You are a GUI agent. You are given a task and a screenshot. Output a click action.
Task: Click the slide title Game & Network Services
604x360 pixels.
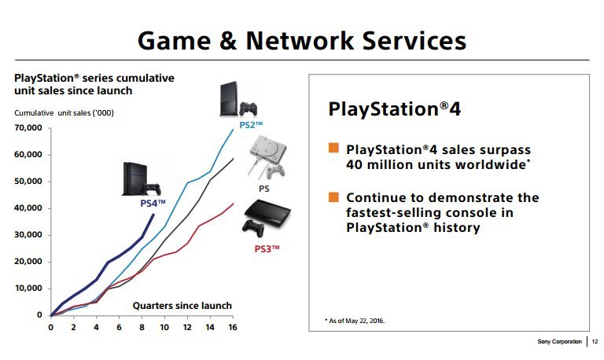301,40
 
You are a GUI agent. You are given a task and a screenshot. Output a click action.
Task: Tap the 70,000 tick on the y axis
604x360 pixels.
28,128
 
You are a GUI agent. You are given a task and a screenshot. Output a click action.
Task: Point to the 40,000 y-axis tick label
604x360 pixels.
28,208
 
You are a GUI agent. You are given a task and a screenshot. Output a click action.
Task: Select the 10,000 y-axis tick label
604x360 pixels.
28,288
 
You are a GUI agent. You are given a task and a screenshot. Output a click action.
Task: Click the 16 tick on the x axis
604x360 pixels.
232,326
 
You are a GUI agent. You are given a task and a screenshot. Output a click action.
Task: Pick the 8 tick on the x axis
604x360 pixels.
142,326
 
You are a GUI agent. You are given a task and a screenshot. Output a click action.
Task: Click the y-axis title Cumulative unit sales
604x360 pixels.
64,112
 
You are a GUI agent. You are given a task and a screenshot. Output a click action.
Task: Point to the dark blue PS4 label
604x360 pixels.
153,204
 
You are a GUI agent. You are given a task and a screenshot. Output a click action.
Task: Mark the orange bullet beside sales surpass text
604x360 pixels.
333,149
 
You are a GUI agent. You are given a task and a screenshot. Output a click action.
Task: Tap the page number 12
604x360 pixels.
595,342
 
